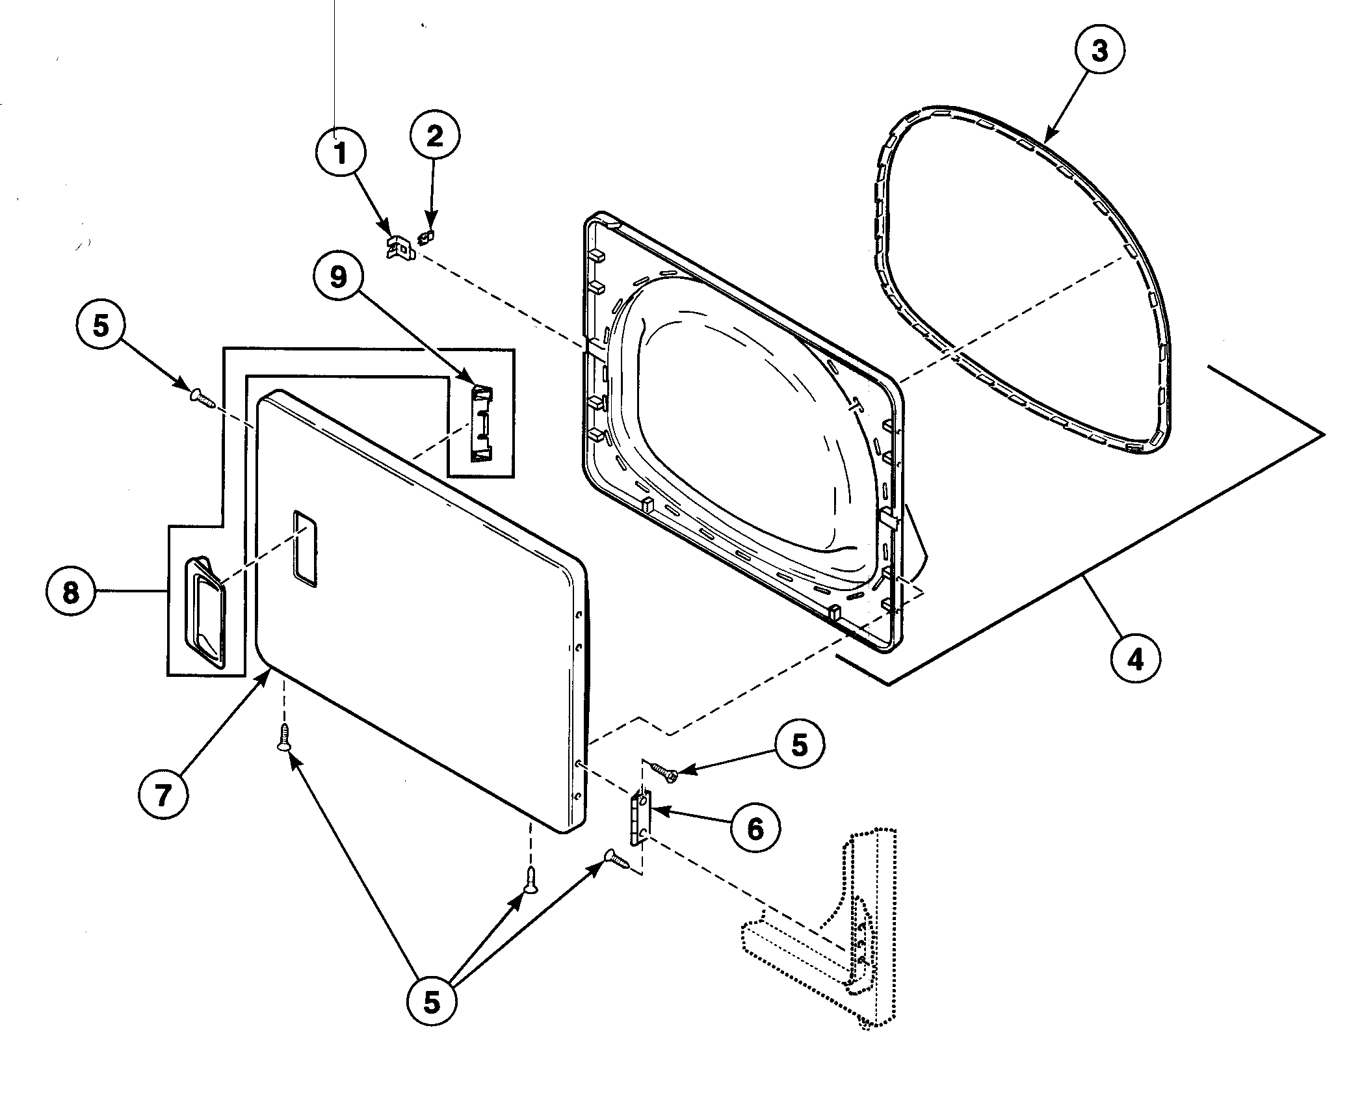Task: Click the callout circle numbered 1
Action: point(340,153)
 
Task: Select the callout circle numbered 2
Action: point(434,136)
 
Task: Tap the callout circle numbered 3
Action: point(1099,50)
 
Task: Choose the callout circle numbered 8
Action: point(70,592)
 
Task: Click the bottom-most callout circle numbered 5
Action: point(432,1002)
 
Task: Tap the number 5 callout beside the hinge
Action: point(799,745)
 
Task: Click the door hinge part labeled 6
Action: point(640,817)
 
